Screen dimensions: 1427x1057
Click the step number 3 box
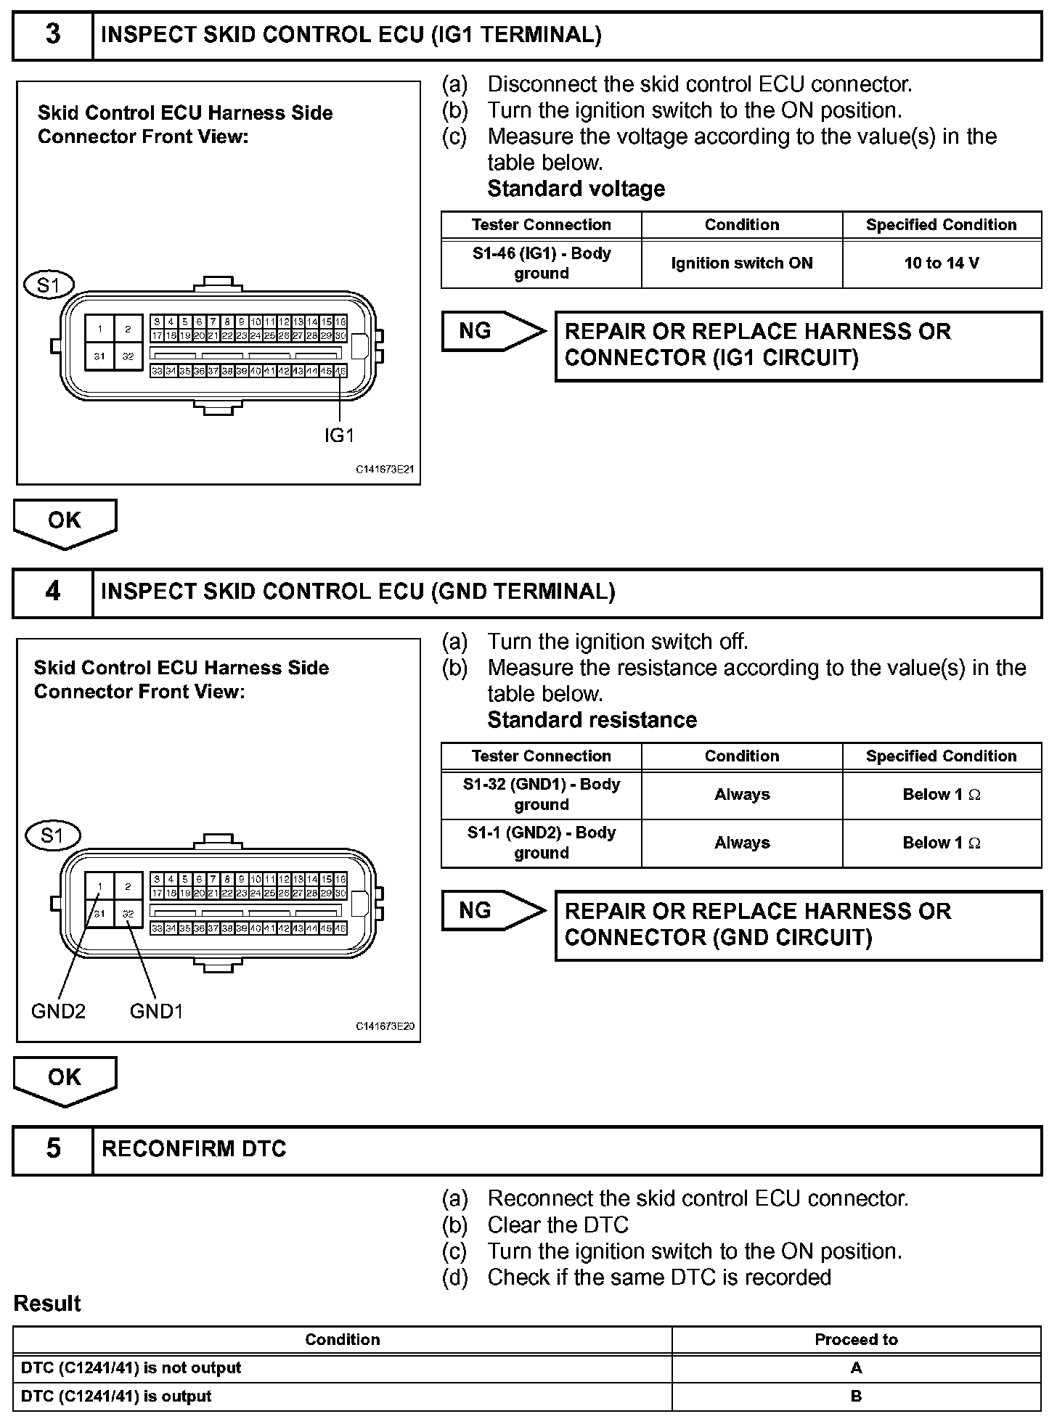click(53, 35)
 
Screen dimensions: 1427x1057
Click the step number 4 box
click(53, 592)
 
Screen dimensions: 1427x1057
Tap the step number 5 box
click(53, 1148)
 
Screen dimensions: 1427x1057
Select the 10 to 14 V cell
click(942, 263)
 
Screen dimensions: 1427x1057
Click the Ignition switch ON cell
click(741, 263)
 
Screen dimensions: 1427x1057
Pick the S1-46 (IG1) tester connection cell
click(541, 263)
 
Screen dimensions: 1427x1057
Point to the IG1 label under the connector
click(339, 436)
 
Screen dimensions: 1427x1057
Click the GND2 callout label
click(58, 1011)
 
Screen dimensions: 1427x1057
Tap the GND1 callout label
click(156, 1011)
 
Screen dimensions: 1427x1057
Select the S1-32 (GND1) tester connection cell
click(541, 795)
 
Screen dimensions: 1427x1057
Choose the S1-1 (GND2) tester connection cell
click(541, 843)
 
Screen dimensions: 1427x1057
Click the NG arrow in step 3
click(493, 332)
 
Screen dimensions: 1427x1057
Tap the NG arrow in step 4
click(493, 911)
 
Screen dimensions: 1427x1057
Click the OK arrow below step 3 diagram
click(65, 522)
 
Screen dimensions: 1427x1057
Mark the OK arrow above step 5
click(65, 1079)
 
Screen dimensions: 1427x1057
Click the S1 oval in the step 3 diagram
click(49, 285)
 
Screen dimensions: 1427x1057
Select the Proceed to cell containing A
click(856, 1368)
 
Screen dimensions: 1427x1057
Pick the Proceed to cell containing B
click(856, 1397)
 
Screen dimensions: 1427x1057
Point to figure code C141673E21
click(385, 470)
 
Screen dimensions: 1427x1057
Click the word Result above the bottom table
click(47, 1304)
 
